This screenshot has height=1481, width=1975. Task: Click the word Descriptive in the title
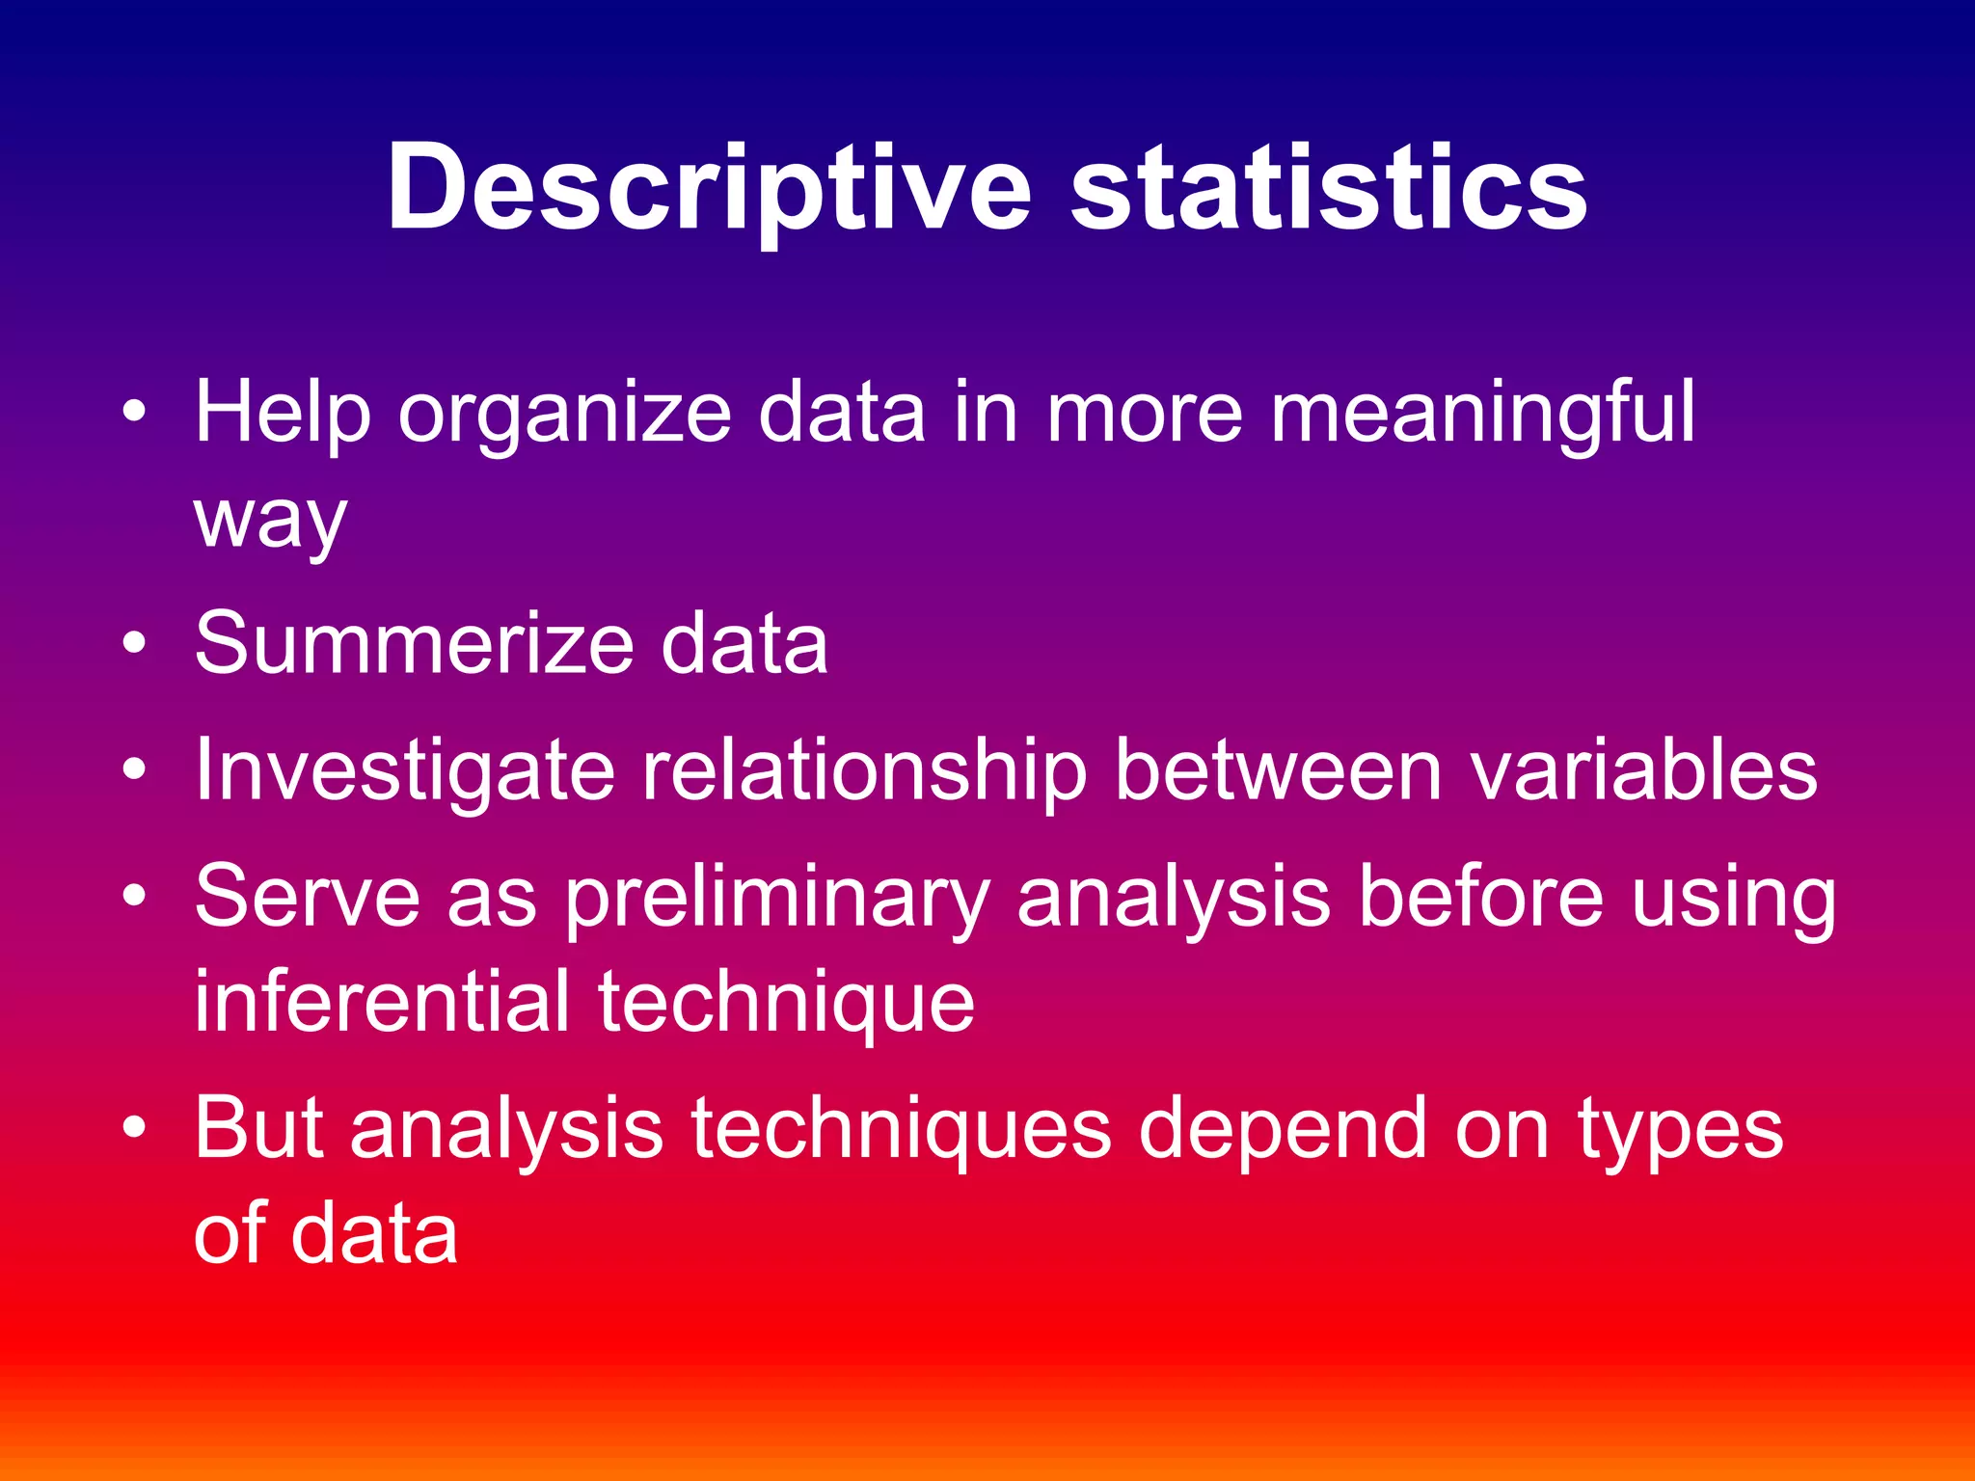(x=709, y=188)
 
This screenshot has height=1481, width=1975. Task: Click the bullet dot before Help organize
(x=135, y=414)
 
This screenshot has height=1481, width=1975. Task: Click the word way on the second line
(x=270, y=522)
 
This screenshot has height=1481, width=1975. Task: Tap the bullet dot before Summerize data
(x=135, y=643)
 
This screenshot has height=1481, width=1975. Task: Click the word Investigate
(x=405, y=771)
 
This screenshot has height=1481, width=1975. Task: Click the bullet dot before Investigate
(x=135, y=770)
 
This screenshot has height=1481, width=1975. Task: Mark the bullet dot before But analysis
(x=135, y=1127)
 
